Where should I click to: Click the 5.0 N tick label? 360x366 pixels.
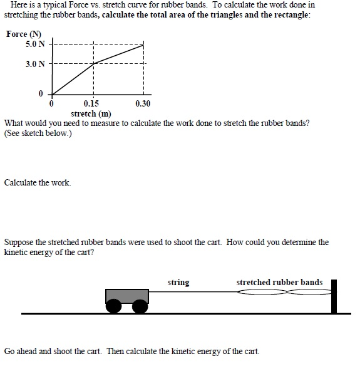click(35, 44)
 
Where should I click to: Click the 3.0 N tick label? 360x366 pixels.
click(35, 63)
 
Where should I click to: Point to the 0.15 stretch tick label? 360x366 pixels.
click(91, 104)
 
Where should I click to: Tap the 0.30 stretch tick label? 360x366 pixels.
click(143, 104)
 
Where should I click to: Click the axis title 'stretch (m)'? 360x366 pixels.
click(91, 113)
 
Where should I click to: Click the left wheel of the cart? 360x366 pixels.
click(115, 305)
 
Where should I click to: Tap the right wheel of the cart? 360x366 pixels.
click(140, 305)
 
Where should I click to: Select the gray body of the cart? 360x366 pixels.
click(127, 295)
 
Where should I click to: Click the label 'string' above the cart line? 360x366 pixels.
click(178, 283)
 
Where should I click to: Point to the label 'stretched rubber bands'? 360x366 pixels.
click(279, 283)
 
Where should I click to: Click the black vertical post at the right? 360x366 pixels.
click(334, 296)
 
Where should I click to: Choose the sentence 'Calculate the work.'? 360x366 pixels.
click(38, 183)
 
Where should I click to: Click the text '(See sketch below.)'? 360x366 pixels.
click(38, 133)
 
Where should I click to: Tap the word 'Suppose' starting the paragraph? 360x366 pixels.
click(19, 242)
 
